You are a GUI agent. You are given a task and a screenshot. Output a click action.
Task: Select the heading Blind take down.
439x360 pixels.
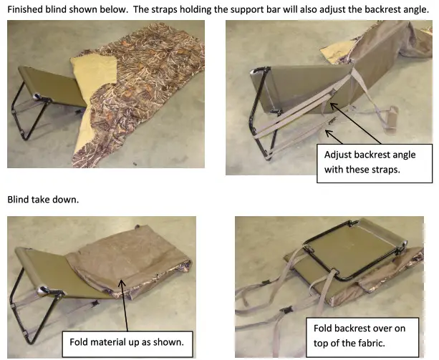click(42, 199)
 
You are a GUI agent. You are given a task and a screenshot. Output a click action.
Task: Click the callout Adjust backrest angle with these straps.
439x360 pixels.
click(369, 161)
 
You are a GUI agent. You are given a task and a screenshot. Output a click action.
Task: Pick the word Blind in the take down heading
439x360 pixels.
click(19, 199)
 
